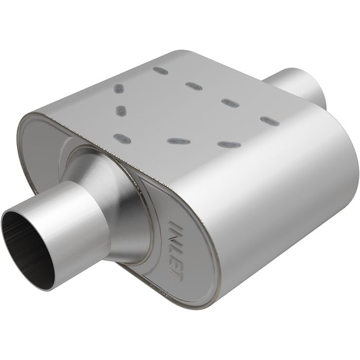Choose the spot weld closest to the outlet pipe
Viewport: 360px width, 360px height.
click(269, 120)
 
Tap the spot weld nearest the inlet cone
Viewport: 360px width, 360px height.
click(121, 138)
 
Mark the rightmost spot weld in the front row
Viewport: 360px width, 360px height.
click(229, 144)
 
